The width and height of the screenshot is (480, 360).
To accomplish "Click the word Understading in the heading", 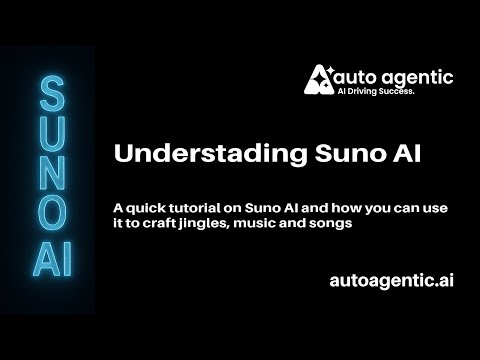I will tap(185, 155).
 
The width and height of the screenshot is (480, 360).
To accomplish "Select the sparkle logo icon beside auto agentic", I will tap(319, 79).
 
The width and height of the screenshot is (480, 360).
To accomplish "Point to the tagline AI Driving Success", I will tap(379, 91).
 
